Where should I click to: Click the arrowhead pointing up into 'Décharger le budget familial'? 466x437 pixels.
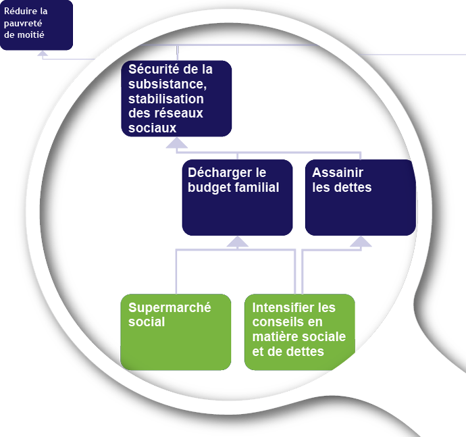(237, 242)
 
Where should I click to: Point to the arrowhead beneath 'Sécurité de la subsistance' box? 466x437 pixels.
(177, 143)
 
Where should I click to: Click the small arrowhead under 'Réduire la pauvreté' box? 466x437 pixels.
(42, 53)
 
